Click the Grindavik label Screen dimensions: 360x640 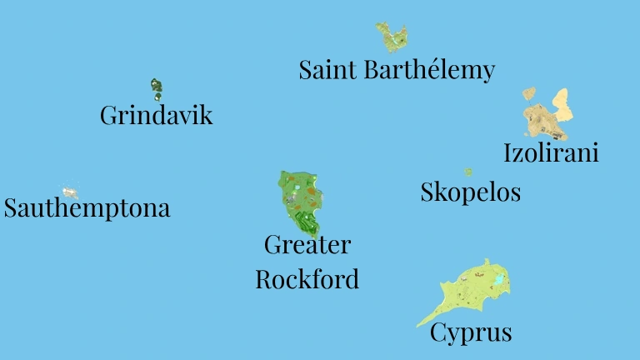156,115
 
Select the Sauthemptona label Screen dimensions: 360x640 87,207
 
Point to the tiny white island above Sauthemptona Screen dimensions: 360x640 70,192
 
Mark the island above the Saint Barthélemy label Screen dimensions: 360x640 391,36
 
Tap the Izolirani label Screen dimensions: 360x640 551,153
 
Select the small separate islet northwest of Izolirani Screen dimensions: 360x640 528,94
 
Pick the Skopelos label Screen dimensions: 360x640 470,192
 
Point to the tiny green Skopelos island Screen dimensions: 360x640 468,172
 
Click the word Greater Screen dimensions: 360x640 307,245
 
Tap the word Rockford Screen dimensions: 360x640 307,278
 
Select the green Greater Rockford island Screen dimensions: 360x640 300,200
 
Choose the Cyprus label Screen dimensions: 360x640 470,333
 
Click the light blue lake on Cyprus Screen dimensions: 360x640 499,281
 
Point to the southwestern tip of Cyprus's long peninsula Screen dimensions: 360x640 418,325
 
